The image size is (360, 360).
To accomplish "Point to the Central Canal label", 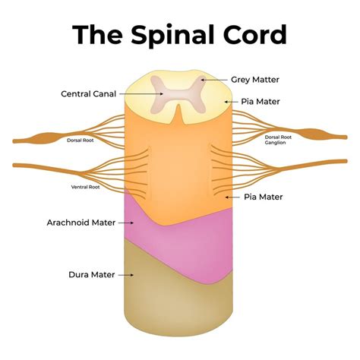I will [87, 94].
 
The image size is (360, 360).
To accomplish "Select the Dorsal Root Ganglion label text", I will [281, 141].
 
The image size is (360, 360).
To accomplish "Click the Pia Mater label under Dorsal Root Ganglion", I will [264, 196].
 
